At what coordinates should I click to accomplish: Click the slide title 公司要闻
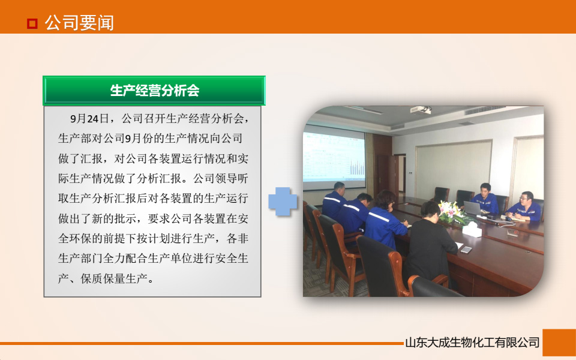[x=79, y=23]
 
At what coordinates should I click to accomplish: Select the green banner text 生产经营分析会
[x=154, y=91]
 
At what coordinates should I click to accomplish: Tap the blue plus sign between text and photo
[x=283, y=202]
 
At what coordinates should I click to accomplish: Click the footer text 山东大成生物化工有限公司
[x=472, y=343]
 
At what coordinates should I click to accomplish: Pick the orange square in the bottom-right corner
[x=559, y=343]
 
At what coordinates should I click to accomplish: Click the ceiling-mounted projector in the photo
[x=421, y=110]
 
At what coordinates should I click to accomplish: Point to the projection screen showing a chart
[x=334, y=155]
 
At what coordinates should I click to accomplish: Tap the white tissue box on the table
[x=472, y=229]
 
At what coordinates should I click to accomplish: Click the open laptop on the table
[x=473, y=208]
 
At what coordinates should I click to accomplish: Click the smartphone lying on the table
[x=465, y=249]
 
